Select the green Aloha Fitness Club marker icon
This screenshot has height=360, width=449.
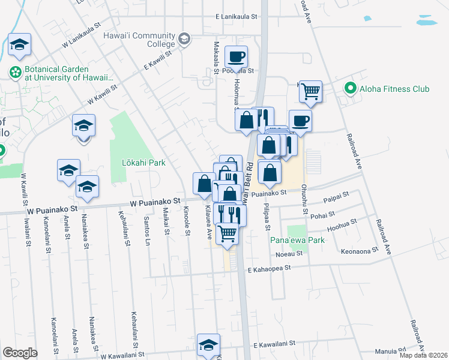click(351, 89)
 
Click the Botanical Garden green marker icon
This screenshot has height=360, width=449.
click(14, 73)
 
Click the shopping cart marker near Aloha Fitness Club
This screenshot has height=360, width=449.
click(310, 92)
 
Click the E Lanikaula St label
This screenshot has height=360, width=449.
click(237, 17)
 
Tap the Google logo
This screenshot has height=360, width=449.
click(20, 353)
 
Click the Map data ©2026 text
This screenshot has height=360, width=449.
click(423, 355)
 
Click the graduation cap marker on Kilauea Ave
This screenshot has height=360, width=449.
click(208, 346)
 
